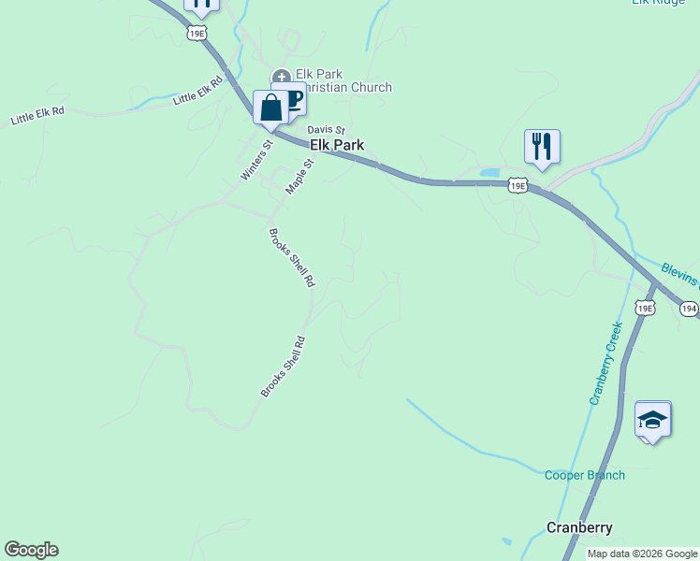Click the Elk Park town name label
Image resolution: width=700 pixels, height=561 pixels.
336,145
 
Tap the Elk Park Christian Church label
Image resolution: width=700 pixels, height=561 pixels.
343,80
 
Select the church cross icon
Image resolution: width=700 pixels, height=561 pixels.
280,78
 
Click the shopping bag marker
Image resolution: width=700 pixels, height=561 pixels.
270,107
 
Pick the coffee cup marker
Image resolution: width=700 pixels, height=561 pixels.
294,99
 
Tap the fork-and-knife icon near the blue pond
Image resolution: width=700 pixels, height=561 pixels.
542,147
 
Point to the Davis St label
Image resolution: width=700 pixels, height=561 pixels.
327,130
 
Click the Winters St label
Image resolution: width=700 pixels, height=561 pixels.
255,160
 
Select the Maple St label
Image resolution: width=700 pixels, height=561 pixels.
299,175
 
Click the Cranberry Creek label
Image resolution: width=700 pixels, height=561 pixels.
605,363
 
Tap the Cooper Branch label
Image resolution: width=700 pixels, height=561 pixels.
585,475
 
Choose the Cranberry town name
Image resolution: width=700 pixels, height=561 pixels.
579,527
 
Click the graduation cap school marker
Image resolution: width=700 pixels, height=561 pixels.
652,420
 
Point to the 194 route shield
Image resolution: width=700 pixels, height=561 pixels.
689,308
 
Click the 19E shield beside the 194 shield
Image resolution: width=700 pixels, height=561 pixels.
645,308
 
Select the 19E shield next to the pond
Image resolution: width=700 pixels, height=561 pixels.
518,185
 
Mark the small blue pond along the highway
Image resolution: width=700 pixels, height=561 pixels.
489,173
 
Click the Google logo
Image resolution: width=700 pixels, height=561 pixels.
31,550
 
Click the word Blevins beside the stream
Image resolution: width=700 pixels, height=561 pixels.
679,274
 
